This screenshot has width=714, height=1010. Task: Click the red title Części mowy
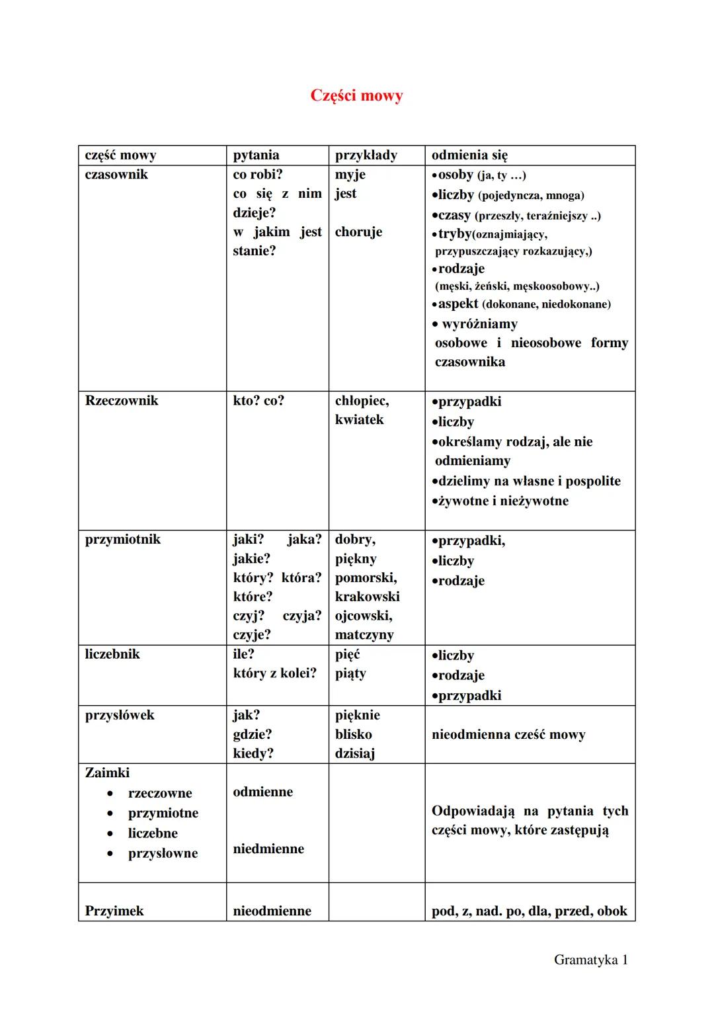click(356, 96)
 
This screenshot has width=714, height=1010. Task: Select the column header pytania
click(256, 155)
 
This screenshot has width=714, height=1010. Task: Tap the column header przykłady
click(366, 155)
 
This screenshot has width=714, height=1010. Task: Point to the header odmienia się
click(469, 155)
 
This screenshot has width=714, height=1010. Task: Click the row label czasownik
click(116, 175)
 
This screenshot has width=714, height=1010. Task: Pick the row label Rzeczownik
click(122, 401)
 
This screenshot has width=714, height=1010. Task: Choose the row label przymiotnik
click(123, 540)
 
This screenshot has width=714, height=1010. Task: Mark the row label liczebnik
click(112, 654)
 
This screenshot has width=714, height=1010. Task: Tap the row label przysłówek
click(120, 715)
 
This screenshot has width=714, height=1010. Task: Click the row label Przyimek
click(114, 911)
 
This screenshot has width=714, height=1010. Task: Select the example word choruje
click(358, 232)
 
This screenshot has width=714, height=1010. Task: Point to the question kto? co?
click(258, 401)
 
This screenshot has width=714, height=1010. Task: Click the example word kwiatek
click(359, 420)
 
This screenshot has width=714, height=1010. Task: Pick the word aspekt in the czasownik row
click(458, 304)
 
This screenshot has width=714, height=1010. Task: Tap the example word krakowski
click(367, 597)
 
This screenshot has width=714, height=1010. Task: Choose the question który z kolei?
click(274, 673)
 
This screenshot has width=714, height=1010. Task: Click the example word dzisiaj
click(355, 753)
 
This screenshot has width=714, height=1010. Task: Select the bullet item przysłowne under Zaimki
click(163, 853)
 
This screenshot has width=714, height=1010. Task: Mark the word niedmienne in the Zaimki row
click(268, 849)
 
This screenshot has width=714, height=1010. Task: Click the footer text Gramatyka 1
click(590, 960)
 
